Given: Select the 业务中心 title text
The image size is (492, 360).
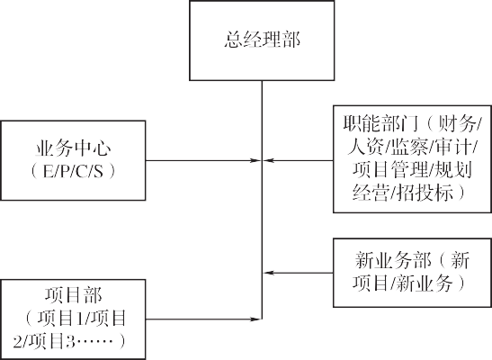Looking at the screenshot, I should [75, 147].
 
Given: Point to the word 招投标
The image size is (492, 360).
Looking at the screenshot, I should [431, 192].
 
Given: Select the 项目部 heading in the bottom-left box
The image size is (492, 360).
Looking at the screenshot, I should [75, 295].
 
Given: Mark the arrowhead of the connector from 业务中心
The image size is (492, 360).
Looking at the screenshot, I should [255, 162].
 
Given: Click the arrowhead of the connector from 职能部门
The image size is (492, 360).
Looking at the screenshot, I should [267, 162].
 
